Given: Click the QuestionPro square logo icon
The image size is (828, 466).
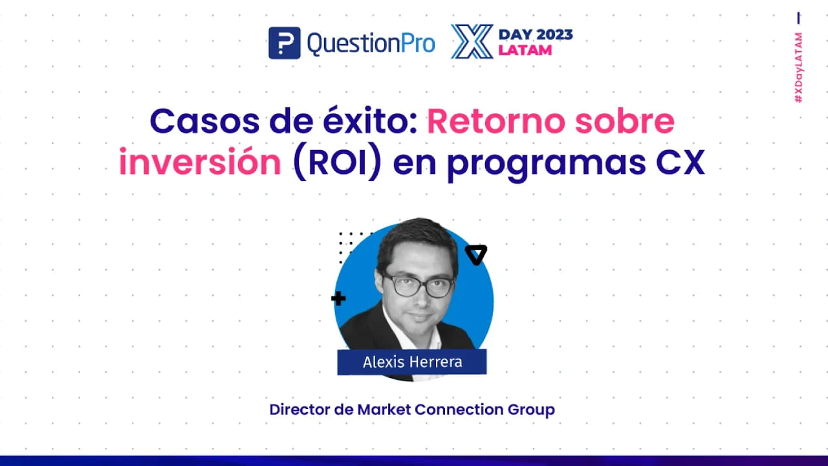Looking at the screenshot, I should pos(284,43).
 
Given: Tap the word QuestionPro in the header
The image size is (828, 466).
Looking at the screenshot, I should pos(371,43).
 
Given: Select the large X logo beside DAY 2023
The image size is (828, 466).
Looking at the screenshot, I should pos(472,42).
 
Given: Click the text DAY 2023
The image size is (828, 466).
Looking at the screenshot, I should pos(535,34).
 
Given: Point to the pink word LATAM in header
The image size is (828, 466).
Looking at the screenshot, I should pos(525,50).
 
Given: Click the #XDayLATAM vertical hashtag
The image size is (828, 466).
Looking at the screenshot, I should pos(800,67).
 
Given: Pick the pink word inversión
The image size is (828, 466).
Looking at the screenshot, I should pos(199,162).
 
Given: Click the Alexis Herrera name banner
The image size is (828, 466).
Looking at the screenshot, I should pos(412,362).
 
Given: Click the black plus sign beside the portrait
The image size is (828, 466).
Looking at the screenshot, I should pos(338,298).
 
